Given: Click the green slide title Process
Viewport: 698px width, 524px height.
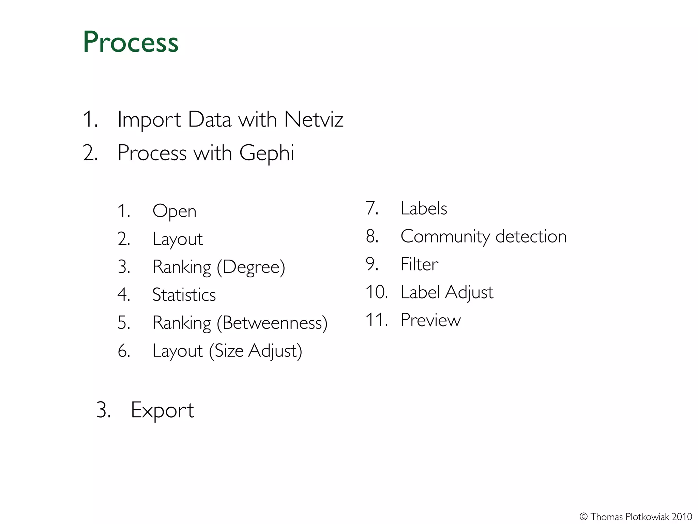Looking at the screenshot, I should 131,42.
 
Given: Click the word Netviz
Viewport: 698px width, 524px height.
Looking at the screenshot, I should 314,120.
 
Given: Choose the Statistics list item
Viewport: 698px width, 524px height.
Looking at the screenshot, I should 184,295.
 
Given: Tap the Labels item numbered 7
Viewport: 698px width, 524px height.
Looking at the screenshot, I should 423,208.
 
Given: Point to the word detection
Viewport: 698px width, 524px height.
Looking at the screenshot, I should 531,236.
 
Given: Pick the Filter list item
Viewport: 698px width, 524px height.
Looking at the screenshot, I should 419,264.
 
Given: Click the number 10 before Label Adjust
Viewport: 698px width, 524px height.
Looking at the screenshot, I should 376,292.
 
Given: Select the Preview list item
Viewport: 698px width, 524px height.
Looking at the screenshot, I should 430,320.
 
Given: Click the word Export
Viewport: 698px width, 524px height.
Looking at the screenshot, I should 162,410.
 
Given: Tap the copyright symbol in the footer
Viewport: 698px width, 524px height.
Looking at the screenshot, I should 583,517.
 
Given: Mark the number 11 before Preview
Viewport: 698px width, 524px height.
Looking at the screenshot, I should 376,320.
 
